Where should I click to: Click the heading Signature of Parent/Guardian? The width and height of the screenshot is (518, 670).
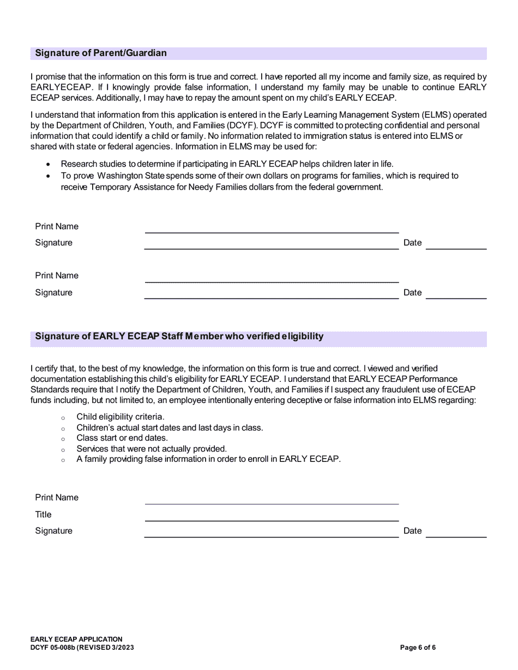click(101, 53)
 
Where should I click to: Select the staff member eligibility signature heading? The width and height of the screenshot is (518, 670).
click(179, 337)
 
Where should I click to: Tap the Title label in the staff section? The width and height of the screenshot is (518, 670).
click(44, 515)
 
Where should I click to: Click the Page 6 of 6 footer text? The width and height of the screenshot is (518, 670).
click(418, 648)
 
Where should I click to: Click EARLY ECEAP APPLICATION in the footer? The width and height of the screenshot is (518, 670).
click(76, 639)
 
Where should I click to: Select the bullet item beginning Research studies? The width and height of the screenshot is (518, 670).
click(226, 164)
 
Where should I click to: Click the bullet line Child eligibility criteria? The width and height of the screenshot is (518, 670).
click(120, 417)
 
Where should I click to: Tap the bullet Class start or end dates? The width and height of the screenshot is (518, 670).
click(122, 438)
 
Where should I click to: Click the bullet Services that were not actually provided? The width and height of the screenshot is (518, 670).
click(152, 449)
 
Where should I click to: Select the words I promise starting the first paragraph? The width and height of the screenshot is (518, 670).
click(48, 77)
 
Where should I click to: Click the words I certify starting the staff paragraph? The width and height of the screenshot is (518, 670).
click(46, 369)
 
